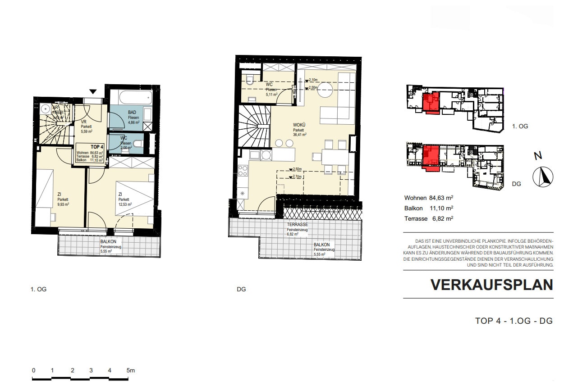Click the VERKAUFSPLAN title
tap(491, 285)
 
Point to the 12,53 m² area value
tap(125, 204)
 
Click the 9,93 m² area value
tap(63, 204)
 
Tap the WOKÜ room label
tap(299, 125)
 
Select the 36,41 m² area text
tap(299, 134)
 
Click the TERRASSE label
tap(297, 224)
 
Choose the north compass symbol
tap(543, 177)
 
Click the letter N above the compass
tap(537, 156)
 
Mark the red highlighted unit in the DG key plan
tap(431, 158)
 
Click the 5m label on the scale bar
tap(130, 371)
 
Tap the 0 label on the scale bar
tap(34, 371)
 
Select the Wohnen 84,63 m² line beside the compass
tap(428, 198)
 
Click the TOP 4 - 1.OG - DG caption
tap(514, 321)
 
